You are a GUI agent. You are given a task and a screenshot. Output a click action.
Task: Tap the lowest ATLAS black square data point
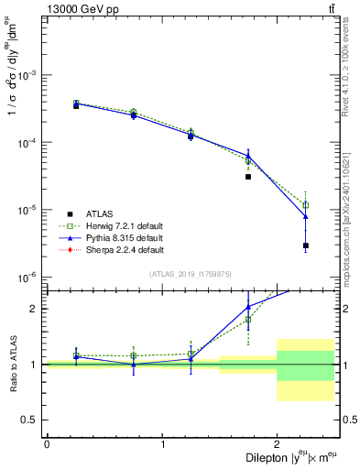click(x=306, y=245)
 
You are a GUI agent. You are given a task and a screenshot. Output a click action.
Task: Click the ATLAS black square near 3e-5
click(x=248, y=177)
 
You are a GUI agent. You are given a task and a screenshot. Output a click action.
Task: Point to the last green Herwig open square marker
click(x=306, y=205)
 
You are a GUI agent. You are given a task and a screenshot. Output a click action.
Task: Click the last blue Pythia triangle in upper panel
click(x=306, y=216)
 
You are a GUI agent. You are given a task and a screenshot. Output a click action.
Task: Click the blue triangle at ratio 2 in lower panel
click(x=248, y=307)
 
